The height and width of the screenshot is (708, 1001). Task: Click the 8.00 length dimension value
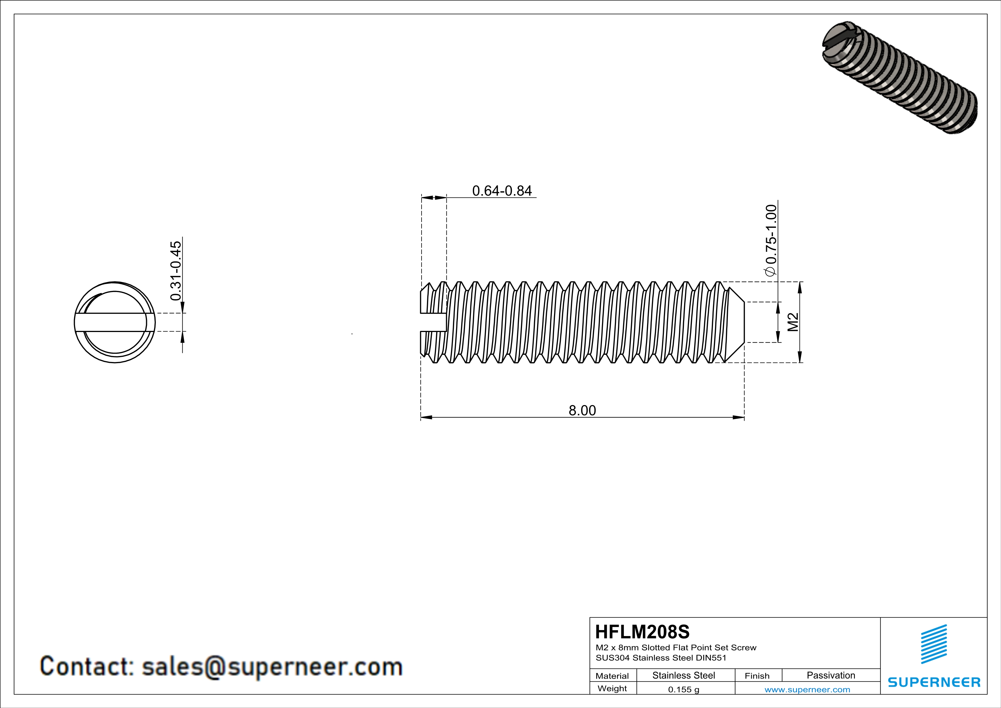582,410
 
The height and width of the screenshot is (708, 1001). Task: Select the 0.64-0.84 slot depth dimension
502,191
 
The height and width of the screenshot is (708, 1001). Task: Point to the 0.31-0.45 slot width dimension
176,270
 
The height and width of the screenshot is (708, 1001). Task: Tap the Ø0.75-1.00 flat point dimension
771,240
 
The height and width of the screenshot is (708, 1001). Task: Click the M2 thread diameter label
793,322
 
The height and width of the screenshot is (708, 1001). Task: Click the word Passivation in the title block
831,675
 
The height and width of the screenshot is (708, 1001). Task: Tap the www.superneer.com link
807,689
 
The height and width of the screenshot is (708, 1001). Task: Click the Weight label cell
612,688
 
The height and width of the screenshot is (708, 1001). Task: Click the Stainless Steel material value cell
683,675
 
